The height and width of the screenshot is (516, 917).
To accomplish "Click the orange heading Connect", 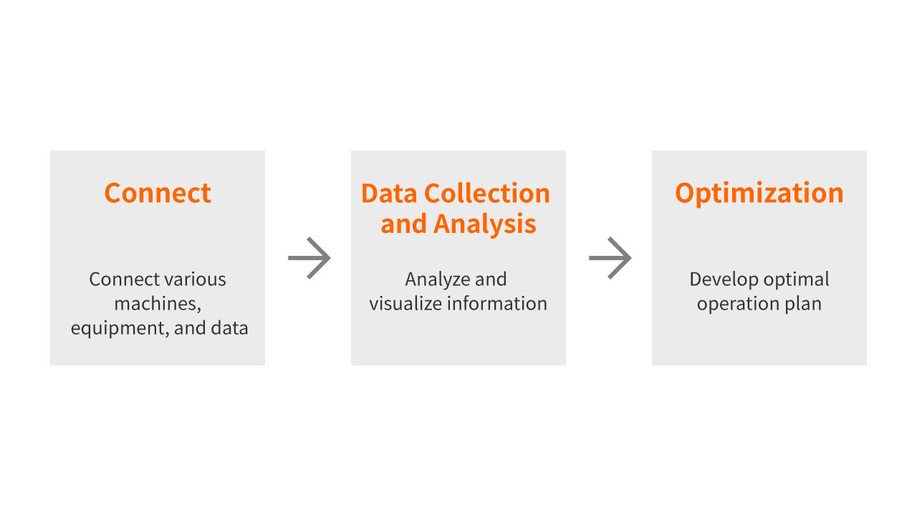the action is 158,193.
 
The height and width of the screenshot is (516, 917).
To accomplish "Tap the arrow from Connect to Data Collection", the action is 309,258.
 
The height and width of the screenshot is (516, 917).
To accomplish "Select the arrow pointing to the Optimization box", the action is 610,258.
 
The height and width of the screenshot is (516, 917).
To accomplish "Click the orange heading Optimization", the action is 759,193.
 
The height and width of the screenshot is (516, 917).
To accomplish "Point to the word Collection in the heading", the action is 487,193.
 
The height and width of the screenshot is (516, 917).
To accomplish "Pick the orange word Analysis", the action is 485,224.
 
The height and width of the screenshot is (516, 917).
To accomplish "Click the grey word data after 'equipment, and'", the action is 229,328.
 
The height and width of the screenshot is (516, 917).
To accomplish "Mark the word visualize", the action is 405,304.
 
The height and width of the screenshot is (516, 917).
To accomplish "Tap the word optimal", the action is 796,279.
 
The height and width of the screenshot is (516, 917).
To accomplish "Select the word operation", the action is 738,305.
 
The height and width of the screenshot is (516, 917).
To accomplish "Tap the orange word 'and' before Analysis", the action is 403,224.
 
